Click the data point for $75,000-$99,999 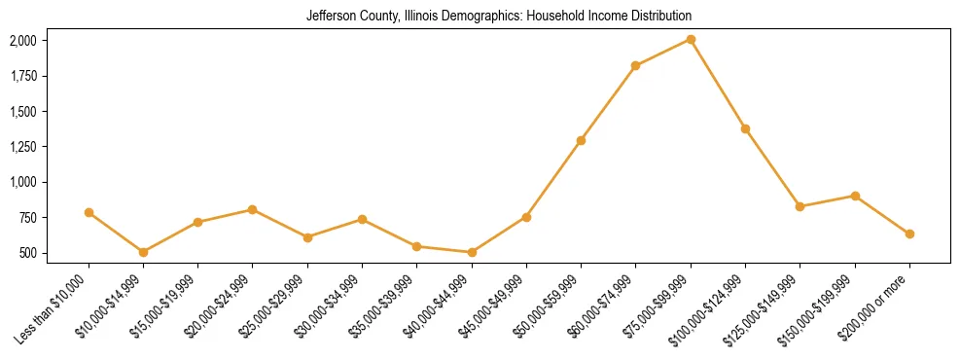click(691, 39)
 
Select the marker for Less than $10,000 click(89, 212)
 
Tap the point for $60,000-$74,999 click(635, 66)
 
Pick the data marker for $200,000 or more click(909, 234)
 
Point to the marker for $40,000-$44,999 click(472, 252)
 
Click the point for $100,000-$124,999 click(745, 128)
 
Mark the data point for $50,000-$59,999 click(581, 140)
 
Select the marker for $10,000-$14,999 click(143, 252)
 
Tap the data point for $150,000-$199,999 click(855, 196)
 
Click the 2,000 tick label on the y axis click(22, 41)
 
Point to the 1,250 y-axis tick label click(22, 147)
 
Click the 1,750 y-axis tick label click(22, 76)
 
